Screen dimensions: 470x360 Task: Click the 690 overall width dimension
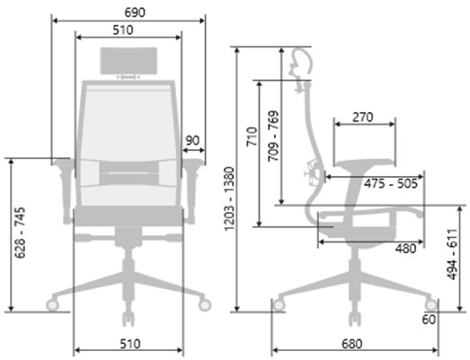click(135, 13)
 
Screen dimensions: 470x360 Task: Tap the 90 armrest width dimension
click(192, 140)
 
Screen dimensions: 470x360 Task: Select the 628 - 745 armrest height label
click(21, 233)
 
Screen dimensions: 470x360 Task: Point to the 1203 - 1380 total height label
click(229, 199)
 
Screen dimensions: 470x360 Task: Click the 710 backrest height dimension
click(253, 136)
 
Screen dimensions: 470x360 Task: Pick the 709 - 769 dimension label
click(273, 136)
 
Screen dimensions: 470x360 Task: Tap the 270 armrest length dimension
click(363, 117)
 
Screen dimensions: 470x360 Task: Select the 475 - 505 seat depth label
click(391, 183)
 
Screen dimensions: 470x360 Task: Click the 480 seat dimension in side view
click(405, 249)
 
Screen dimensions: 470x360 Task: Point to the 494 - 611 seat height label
click(452, 254)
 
